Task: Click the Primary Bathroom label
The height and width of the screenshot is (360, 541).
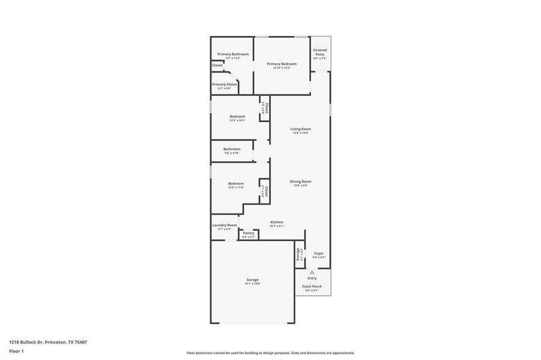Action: (x=233, y=54)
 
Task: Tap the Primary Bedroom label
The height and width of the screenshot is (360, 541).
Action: (x=282, y=64)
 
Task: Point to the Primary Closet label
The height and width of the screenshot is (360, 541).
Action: (x=224, y=84)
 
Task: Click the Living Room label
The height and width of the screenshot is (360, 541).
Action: (x=301, y=129)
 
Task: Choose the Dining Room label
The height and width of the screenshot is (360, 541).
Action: (x=301, y=181)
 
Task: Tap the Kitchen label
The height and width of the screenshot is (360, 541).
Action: (x=276, y=222)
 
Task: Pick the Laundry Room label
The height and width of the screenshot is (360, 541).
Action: (x=225, y=225)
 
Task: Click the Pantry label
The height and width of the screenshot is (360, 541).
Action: (x=249, y=233)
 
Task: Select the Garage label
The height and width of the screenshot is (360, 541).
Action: (x=252, y=280)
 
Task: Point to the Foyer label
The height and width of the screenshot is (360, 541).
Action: (x=319, y=253)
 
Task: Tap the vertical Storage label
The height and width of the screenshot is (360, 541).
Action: (x=298, y=254)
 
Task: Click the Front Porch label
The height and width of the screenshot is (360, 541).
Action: (x=312, y=286)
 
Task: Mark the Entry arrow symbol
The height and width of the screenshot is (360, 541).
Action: (x=312, y=272)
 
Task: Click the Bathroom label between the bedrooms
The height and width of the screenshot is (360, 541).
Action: (x=232, y=149)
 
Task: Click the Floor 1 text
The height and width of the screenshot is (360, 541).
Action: (x=16, y=351)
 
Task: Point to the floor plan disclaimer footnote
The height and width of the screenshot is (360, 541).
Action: (x=270, y=353)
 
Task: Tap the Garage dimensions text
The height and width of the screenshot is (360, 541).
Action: (x=252, y=284)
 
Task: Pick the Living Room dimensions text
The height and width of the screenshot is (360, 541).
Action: (x=301, y=133)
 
